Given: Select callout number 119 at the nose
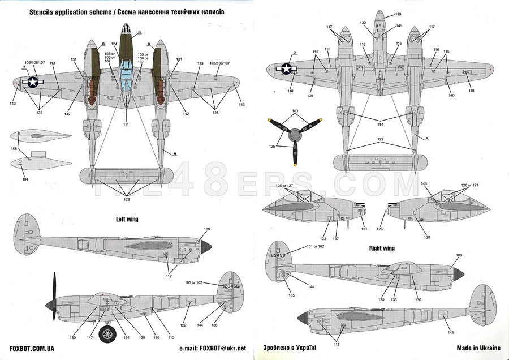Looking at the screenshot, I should coord(398,14).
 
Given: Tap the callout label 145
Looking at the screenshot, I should coord(399,26).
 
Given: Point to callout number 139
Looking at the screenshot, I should coord(310,96).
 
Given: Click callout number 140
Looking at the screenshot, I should coord(451,96).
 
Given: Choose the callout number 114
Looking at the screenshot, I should coord(379,124).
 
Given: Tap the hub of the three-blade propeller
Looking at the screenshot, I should coord(294,136).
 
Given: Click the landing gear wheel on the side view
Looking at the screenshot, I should coord(107,334).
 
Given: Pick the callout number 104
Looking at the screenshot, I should coord(24,179).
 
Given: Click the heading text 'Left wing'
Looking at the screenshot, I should coord(127,218).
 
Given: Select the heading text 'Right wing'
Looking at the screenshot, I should coord(381,248).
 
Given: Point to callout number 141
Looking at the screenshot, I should coord(451,332).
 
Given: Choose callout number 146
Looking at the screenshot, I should coord(424,184).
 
